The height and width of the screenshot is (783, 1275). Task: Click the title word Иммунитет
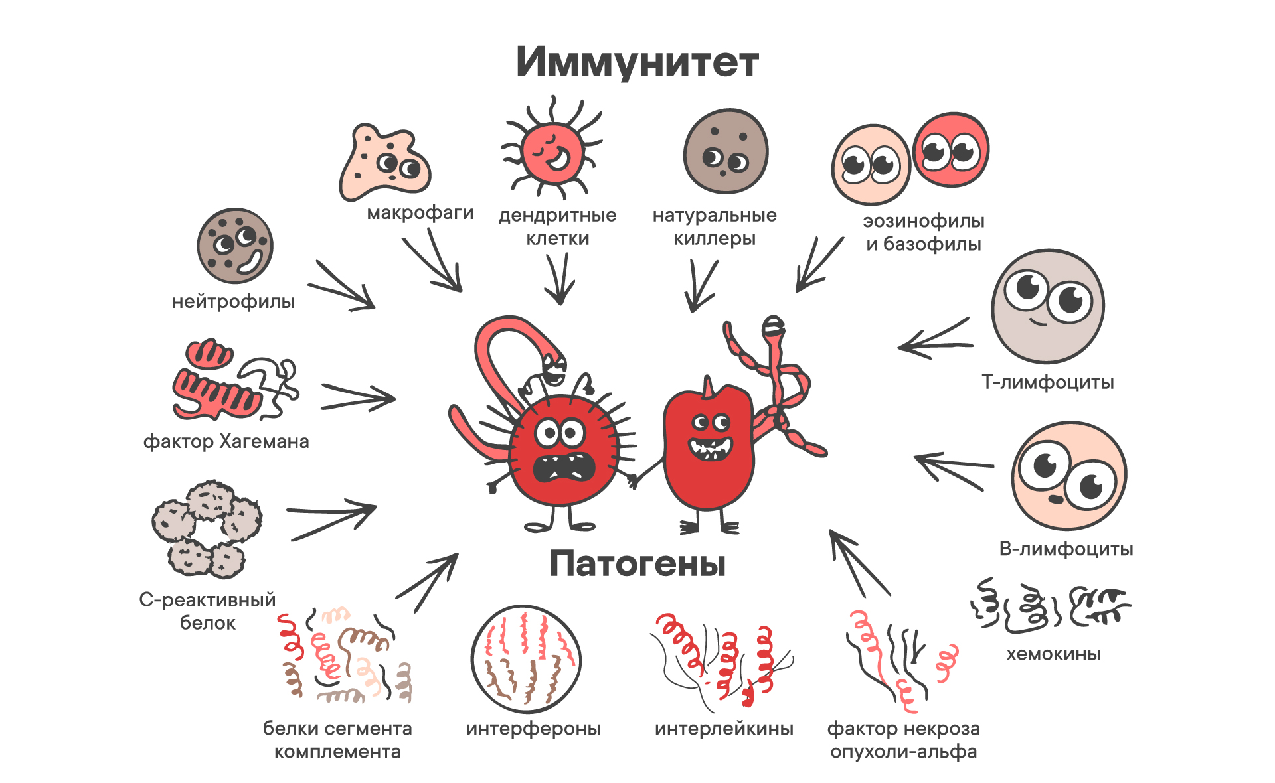637,62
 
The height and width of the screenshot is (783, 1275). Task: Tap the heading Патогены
637,564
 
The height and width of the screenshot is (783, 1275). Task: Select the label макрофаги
420,213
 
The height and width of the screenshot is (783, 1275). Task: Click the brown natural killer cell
726,151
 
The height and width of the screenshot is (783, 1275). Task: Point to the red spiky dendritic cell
552,151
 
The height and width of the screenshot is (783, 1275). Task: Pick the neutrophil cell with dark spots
235,246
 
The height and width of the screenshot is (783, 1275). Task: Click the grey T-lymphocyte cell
1047,306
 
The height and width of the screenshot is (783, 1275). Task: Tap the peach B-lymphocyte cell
1068,475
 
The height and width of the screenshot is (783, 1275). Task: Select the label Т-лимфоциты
1047,382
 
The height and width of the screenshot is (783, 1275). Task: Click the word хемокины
1053,654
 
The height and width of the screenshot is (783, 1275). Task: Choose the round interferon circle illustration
526,659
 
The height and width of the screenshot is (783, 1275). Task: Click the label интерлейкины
724,729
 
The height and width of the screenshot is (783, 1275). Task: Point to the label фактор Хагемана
226,441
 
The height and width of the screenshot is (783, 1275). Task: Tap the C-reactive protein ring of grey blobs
207,529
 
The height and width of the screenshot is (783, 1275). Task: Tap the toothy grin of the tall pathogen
710,448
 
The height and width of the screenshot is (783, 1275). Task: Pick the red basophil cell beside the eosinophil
950,150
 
